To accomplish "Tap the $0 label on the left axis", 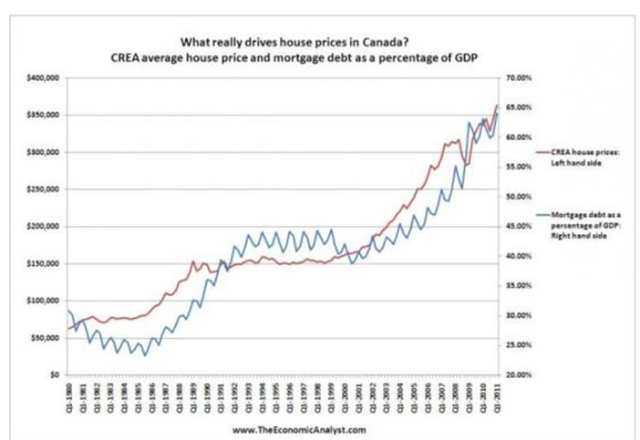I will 56,374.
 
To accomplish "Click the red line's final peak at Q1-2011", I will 497,106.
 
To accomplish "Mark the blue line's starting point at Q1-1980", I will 69,312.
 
